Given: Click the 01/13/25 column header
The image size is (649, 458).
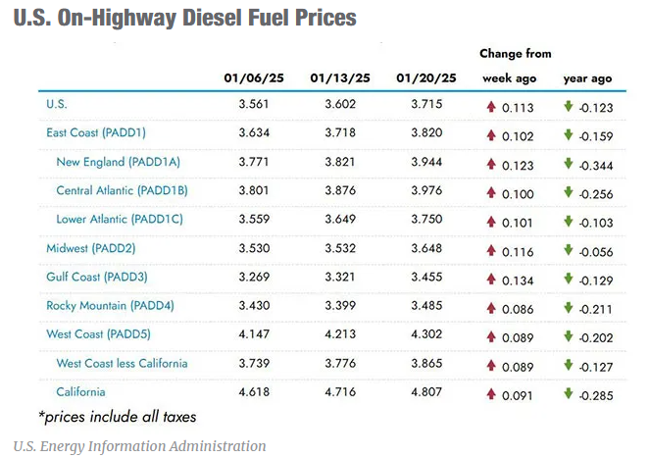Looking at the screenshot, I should pos(339,77).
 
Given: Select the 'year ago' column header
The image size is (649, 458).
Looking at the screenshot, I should pos(587,77).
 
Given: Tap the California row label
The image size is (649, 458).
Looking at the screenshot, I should pos(81,393).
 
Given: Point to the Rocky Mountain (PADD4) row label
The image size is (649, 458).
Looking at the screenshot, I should pos(110,305).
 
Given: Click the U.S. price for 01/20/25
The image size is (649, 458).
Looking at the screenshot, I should pos(425,103).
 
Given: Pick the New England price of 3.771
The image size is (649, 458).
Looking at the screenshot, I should pos(254,162).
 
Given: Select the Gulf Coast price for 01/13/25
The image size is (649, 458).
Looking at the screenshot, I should pos(339,278).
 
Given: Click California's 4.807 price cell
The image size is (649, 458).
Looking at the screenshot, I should pos(425,393).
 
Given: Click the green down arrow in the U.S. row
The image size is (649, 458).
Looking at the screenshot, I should pos(568,103).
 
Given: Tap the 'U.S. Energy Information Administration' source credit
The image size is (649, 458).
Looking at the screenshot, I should pos(139,446).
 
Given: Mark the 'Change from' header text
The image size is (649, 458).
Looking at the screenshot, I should pos(516,54).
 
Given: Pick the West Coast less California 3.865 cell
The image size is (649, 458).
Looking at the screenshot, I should pos(425,364).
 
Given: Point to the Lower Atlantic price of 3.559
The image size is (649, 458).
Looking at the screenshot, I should pos(254,220).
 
